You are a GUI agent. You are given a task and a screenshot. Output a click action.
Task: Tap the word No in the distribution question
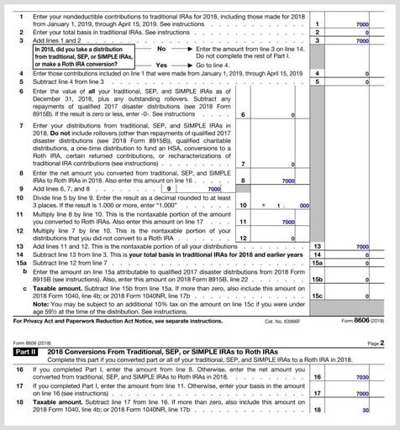click(x=162, y=49)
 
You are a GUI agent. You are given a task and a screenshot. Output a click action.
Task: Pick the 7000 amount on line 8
click(x=287, y=180)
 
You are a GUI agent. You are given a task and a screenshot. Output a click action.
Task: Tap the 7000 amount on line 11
click(x=287, y=222)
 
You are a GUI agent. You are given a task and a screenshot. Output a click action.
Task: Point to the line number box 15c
click(x=317, y=296)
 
